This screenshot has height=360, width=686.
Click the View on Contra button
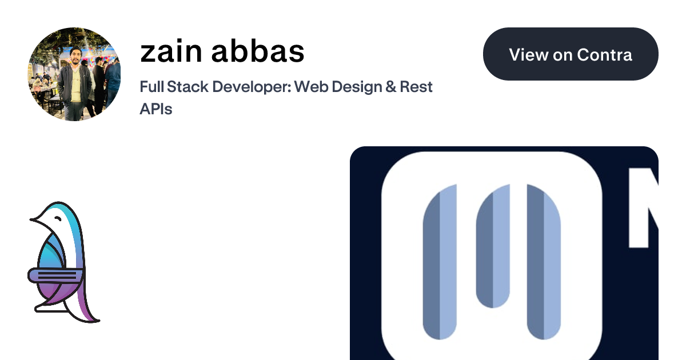571,54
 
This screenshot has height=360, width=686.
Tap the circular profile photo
74,74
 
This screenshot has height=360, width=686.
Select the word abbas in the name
258,50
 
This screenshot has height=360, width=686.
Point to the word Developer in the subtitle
252,87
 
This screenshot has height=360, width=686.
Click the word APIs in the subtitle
156,109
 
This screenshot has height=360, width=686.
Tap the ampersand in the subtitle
390,87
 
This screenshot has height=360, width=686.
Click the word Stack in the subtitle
188,87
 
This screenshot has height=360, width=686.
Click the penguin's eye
58,218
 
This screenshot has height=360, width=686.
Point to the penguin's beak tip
31,219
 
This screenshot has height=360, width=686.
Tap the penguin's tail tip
98,321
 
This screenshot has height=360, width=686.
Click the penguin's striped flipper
55,275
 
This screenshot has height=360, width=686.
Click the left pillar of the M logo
440,262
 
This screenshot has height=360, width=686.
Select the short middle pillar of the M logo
493,246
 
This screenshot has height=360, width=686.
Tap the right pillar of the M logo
544,262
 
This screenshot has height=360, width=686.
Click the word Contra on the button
605,55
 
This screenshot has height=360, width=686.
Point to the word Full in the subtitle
152,87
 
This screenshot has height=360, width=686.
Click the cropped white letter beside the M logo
643,207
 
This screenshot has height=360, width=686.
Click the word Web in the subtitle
312,87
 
